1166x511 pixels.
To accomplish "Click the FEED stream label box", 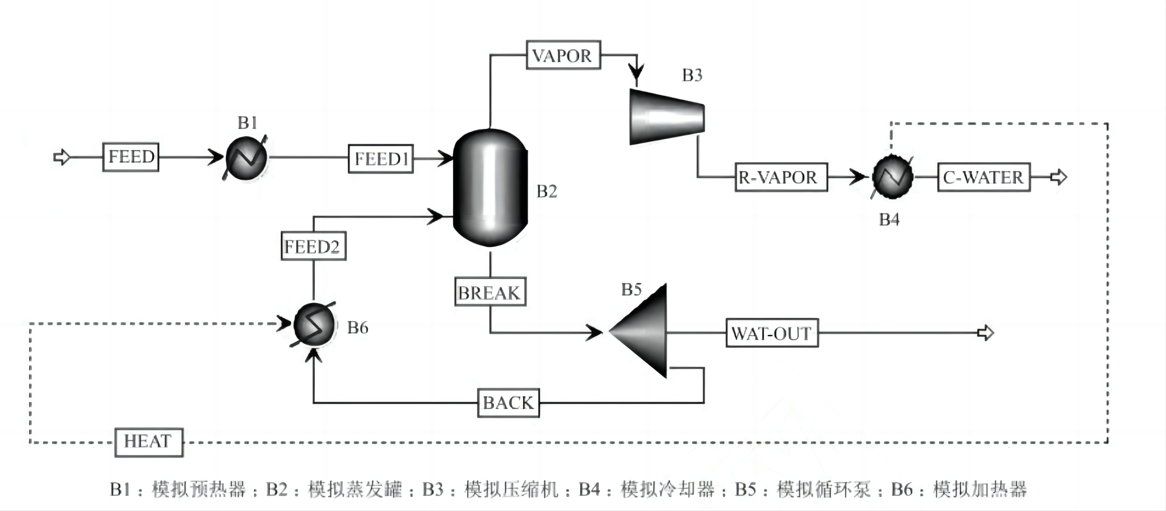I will pos(130,157).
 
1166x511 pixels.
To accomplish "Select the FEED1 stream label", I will pos(380,159).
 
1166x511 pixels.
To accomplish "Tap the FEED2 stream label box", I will pos(313,246).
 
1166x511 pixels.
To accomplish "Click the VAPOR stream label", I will pos(563,55).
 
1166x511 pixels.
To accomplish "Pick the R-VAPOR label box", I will pos(781,178).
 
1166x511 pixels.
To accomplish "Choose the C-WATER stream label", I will pos(983,178).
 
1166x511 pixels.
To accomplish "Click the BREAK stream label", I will pos(489,292).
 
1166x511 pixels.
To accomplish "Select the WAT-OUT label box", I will pos(771,333).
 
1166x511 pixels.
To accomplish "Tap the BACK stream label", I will pos(508,403).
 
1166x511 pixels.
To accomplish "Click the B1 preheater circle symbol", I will pos(246,158).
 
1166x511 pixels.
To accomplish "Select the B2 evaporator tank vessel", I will pos(490,188).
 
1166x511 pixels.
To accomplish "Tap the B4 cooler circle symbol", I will pos(892,177).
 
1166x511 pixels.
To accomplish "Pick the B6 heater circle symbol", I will pos(314,324).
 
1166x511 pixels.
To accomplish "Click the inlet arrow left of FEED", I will pos(62,157).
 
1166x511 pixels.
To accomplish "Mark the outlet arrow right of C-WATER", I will pos(1058,178).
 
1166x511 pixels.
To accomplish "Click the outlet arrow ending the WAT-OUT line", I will pos(985,333).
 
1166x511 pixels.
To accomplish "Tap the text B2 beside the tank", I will pos(547,192).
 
